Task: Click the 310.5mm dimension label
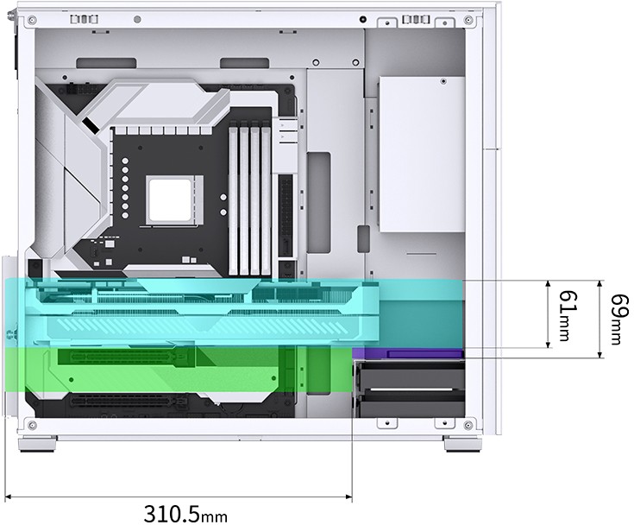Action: pyautogui.click(x=185, y=513)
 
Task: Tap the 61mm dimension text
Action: pyautogui.click(x=567, y=315)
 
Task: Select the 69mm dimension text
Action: pyautogui.click(x=619, y=319)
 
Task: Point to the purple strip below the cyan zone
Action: pyautogui.click(x=408, y=353)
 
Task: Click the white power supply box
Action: pyautogui.click(x=422, y=155)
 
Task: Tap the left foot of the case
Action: pyautogui.click(x=38, y=443)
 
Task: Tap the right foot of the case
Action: pyautogui.click(x=463, y=443)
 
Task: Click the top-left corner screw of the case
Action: pyautogui.click(x=33, y=19)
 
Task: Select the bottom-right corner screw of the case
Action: pyautogui.click(x=468, y=425)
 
